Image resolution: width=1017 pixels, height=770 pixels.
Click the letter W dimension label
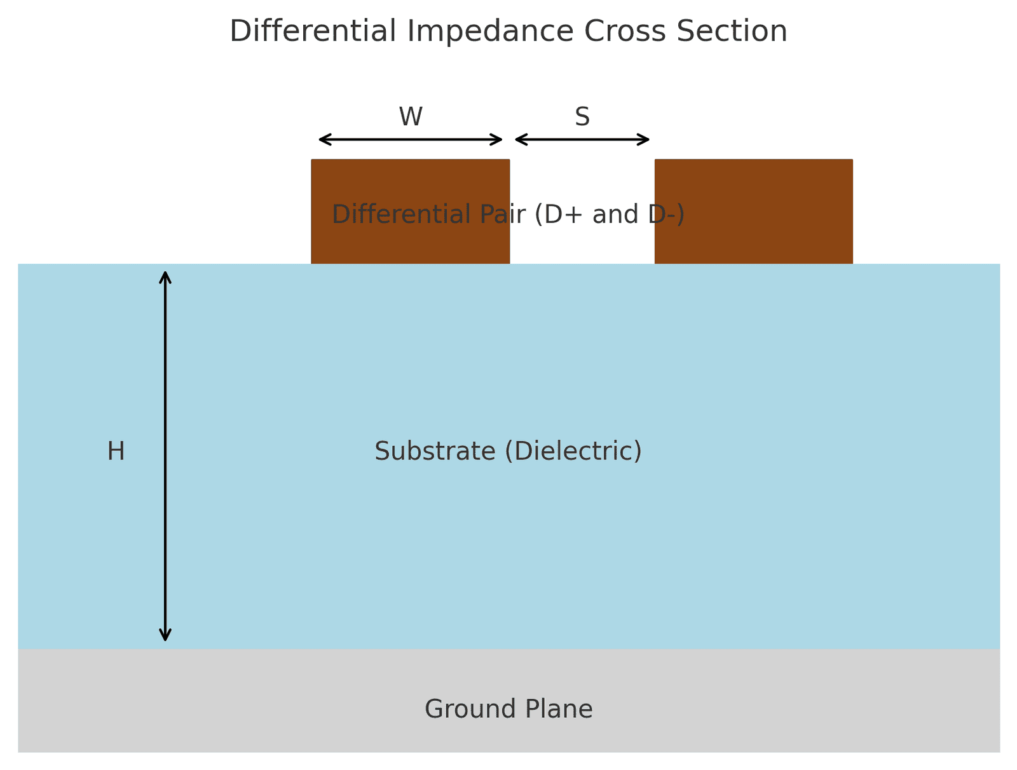point(411,117)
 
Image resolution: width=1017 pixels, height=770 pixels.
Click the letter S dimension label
point(582,117)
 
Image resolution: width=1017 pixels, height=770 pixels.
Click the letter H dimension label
point(116,452)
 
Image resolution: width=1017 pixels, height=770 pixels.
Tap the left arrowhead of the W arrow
point(321,140)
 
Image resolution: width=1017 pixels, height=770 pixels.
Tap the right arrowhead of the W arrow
point(500,140)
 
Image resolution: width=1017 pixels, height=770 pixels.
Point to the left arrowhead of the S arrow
point(517,140)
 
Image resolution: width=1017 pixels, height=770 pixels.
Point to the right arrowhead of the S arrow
point(647,140)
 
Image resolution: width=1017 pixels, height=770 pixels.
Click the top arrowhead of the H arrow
point(165,274)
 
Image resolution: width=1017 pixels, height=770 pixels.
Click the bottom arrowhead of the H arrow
point(165,638)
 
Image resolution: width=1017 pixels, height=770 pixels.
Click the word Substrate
point(435,452)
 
